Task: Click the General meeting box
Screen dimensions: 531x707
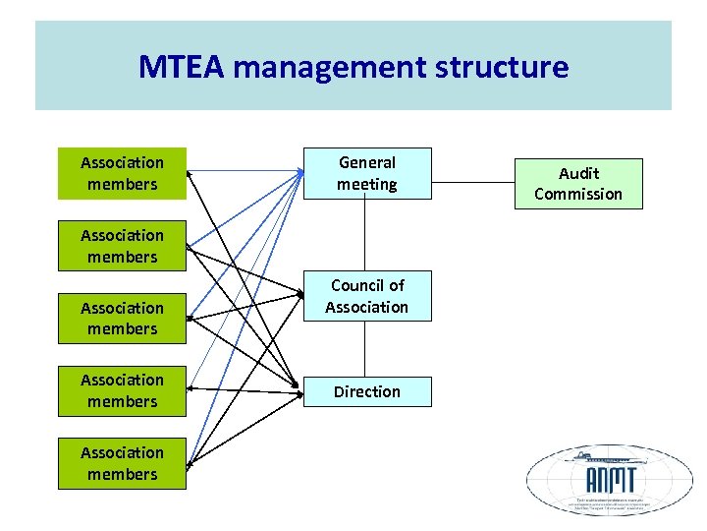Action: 366,174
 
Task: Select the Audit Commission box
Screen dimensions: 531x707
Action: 577,184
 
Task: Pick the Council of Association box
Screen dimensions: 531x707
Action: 366,296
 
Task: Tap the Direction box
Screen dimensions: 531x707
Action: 366,391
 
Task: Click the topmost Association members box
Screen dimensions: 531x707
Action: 122,174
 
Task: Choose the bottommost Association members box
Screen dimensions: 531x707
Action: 122,463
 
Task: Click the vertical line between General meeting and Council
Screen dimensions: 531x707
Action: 366,235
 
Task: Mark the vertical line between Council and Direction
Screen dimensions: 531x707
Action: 366,348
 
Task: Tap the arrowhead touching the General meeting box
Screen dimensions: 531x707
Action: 299,174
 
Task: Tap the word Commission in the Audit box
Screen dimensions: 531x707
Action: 577,194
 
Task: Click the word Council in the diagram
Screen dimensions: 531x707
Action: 353,285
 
